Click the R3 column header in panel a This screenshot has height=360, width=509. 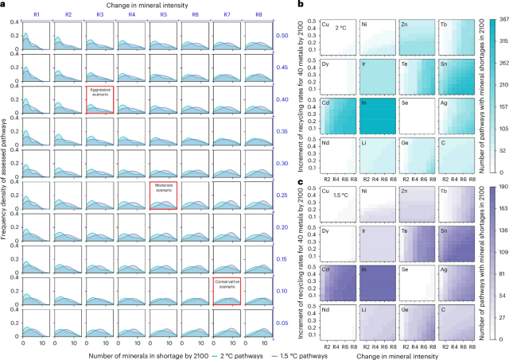tap(99, 14)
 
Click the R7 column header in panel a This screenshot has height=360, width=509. tap(227, 14)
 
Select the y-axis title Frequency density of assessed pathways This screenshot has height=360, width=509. tap(6, 175)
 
